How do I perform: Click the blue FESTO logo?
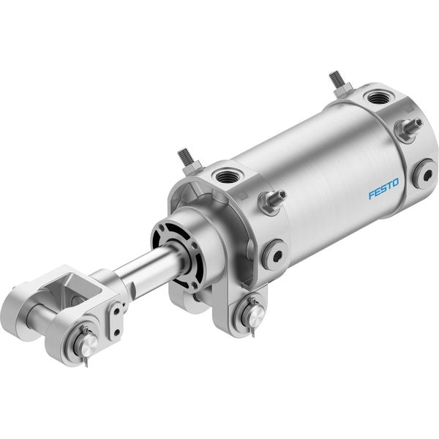(x=383, y=188)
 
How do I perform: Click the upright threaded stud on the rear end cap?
(x=338, y=83)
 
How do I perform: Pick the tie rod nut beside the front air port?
(x=271, y=201)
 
